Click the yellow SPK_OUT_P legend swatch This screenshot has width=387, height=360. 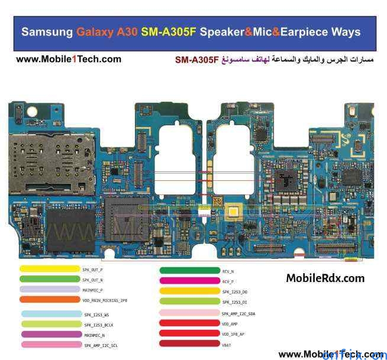click(x=49, y=269)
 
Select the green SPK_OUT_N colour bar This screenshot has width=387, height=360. click(x=49, y=279)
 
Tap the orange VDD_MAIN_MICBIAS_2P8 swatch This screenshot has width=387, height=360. click(x=49, y=300)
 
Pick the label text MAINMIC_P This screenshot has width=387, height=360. click(x=93, y=290)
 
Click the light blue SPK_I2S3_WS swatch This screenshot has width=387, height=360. click(x=51, y=314)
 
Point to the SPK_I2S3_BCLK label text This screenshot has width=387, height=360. click(x=98, y=325)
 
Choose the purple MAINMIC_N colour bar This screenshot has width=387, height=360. click(x=51, y=335)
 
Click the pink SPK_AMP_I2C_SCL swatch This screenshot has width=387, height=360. click(x=51, y=345)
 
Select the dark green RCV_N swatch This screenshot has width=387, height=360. click(x=189, y=271)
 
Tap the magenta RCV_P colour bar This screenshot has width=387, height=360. click(x=189, y=281)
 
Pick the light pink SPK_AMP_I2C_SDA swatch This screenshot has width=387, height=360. click(x=189, y=313)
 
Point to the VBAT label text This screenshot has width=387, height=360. click(x=227, y=344)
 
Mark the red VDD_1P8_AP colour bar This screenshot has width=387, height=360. click(x=189, y=333)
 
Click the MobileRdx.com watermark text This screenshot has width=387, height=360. click(x=325, y=278)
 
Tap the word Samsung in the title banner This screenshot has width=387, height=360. click(x=47, y=32)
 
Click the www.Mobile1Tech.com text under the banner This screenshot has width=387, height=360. click(x=69, y=59)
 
